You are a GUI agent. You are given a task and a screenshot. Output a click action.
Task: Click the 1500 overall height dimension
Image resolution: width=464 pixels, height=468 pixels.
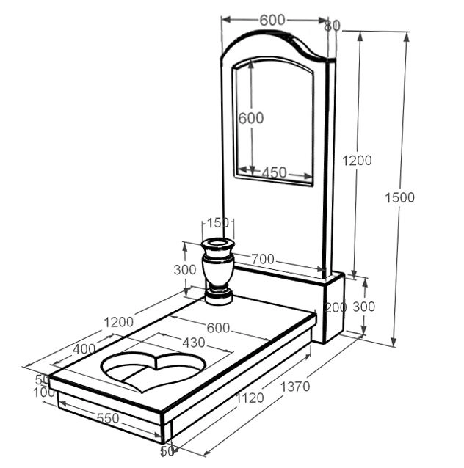399,197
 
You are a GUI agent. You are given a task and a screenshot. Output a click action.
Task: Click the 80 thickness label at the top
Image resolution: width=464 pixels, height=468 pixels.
333,26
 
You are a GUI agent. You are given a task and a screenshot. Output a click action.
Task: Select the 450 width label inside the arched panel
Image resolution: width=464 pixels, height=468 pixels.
275,172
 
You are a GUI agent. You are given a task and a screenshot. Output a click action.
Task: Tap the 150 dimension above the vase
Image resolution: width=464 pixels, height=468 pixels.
218,223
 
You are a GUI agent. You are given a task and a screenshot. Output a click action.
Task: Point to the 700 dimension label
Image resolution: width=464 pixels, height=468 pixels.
263,259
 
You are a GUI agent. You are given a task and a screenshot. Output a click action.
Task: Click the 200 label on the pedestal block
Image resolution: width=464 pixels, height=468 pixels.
336,307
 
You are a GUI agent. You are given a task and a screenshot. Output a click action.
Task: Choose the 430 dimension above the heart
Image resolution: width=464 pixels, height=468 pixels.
194,343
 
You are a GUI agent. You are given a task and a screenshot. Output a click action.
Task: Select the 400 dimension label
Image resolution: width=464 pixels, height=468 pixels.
84,349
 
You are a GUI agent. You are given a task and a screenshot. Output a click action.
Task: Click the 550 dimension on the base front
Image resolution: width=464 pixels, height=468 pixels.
108,418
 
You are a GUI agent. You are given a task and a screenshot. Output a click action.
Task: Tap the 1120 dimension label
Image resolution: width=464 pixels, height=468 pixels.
250,398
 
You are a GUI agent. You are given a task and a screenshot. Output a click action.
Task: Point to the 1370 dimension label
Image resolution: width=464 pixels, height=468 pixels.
295,387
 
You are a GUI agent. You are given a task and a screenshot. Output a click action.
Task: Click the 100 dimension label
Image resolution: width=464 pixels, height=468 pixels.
44,392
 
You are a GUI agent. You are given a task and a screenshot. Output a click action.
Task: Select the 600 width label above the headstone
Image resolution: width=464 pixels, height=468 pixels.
272,21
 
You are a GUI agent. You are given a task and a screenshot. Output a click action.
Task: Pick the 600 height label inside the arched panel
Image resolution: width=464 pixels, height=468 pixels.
251,118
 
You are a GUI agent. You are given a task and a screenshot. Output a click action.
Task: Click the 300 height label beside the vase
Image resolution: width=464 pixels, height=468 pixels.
185,270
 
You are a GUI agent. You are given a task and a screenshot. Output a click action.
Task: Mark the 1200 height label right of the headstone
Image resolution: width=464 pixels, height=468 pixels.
357,161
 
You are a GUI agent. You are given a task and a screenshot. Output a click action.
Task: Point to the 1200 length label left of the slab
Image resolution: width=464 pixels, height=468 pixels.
119,322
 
